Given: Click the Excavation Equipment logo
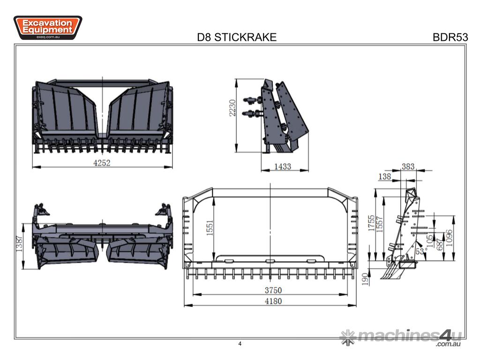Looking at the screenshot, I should (x=48, y=28).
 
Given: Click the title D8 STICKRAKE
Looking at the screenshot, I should (x=237, y=37).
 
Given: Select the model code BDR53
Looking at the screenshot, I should (x=450, y=37).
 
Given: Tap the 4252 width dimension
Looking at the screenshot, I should (x=102, y=162).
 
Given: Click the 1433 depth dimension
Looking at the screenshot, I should (x=283, y=166).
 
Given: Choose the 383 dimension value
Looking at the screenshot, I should (x=408, y=166).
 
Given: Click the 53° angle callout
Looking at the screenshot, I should (x=419, y=252).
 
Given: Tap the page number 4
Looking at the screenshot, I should (x=240, y=344).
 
